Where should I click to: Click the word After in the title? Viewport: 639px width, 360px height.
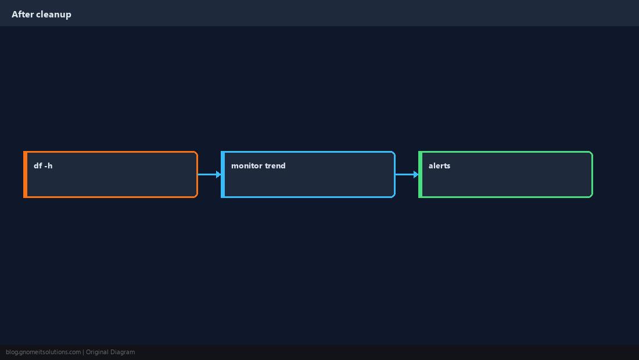tap(23, 15)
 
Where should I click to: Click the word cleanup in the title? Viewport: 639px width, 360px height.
tap(54, 15)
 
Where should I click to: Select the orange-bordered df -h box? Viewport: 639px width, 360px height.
tap(110, 174)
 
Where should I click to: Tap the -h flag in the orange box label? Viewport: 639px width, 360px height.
tap(48, 165)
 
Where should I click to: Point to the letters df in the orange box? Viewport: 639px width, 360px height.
tap(38, 165)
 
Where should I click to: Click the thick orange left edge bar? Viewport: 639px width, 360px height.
tap(25, 174)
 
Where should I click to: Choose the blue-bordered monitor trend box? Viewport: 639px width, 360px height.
tap(308, 174)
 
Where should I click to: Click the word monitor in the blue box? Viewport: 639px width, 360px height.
tap(246, 165)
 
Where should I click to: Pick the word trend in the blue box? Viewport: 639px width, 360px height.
tap(275, 165)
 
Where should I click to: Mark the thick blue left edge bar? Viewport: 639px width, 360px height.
tap(223, 174)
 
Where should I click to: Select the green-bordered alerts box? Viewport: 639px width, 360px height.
tap(505, 174)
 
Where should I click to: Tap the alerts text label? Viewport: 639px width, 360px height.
tap(439, 165)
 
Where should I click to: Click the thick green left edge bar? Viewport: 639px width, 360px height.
tap(420, 174)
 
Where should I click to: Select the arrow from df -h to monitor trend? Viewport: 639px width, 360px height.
tap(210, 174)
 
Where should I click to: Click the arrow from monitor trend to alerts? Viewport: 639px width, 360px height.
tap(407, 174)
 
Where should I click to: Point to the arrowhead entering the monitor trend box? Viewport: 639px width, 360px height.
tap(218, 174)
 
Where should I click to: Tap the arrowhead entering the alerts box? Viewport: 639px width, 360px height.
tap(416, 174)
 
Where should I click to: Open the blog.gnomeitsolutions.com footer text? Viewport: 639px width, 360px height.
tap(43, 352)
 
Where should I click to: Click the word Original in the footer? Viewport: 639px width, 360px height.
tap(97, 352)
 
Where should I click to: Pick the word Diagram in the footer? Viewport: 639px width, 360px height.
tap(123, 352)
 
